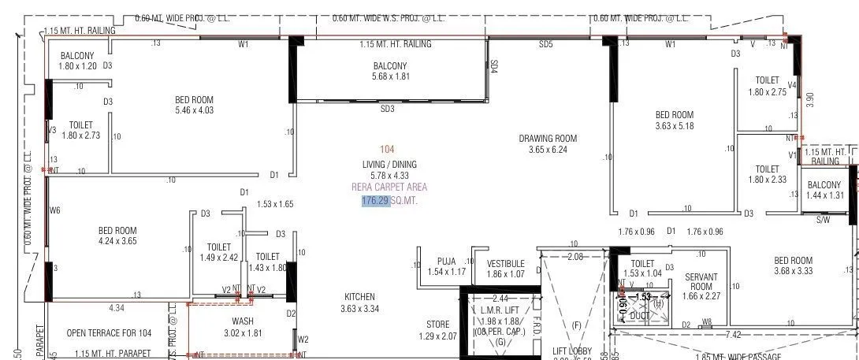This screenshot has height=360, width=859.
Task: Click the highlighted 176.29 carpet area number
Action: (x=376, y=201)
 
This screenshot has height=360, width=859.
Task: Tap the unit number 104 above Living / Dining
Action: (x=386, y=149)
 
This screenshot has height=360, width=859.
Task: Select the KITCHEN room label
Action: (x=359, y=296)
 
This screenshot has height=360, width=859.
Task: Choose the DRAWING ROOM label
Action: (x=548, y=139)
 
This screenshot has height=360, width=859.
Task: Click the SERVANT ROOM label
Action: (x=701, y=281)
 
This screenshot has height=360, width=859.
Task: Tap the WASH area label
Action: (x=242, y=321)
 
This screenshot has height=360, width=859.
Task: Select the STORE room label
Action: (x=437, y=325)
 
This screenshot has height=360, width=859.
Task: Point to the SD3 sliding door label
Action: (x=387, y=109)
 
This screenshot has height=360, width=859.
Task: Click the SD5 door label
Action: (x=545, y=45)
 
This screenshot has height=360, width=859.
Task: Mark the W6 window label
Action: (x=54, y=210)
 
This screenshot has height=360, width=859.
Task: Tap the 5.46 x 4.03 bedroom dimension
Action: (x=194, y=110)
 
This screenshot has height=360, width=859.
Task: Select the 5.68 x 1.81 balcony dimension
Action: (x=390, y=76)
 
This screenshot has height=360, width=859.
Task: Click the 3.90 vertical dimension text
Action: (x=809, y=100)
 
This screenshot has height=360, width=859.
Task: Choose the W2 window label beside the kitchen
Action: (x=303, y=340)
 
